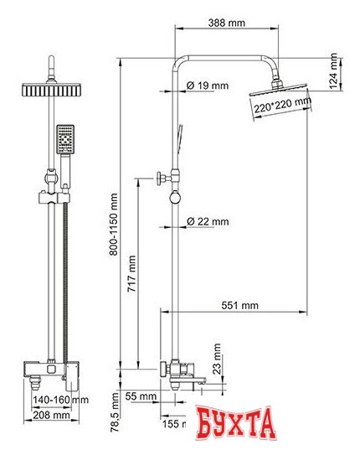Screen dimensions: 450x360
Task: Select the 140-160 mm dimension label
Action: coord(58,401)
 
